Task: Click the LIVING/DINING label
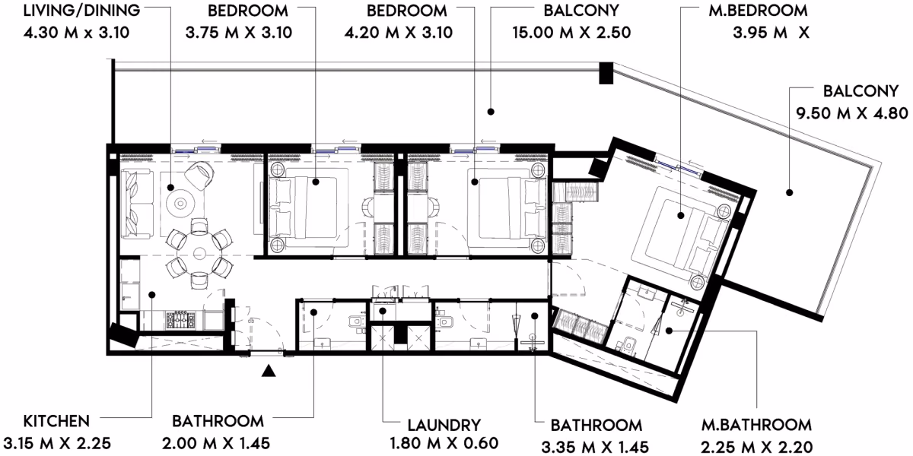point(81,11)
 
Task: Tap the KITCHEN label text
point(56,421)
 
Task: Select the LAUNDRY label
point(444,426)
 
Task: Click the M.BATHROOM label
point(756,425)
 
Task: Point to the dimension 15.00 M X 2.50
point(571,33)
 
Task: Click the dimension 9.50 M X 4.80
point(852,113)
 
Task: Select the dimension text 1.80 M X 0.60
point(444,443)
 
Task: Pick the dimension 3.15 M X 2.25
point(57,443)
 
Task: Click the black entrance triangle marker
point(268,371)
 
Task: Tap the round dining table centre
point(199,254)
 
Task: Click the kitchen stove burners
point(180,321)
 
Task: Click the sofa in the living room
point(137,204)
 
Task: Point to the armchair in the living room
point(199,175)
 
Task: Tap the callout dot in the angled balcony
point(790,192)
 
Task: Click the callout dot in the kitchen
point(151,294)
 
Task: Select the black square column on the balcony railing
point(606,73)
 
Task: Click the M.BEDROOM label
point(758,11)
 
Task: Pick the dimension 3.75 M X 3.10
point(239,33)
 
